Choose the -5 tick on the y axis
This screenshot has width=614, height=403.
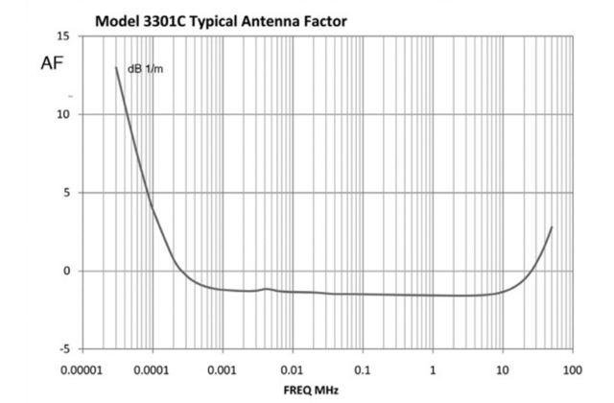coord(63,349)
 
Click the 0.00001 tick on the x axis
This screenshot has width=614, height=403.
coord(83,369)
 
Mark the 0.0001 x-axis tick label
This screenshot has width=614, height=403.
coord(153,369)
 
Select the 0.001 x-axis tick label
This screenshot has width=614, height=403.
coord(223,369)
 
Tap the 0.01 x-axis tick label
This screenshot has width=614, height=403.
coord(293,369)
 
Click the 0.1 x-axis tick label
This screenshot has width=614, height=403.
coord(363,369)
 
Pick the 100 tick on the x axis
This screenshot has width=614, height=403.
coord(573,369)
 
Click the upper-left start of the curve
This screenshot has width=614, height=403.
coord(116,67)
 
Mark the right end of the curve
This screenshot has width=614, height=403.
coord(553,227)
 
